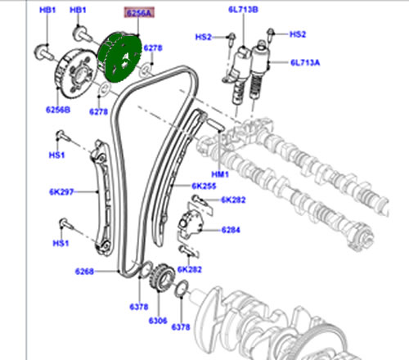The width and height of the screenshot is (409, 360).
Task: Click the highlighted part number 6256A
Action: coord(137,14)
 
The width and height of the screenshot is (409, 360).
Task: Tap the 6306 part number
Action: coord(157,321)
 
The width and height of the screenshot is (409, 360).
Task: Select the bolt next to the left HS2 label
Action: coord(231,37)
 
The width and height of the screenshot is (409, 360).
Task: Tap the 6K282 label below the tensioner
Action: coord(194,269)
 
